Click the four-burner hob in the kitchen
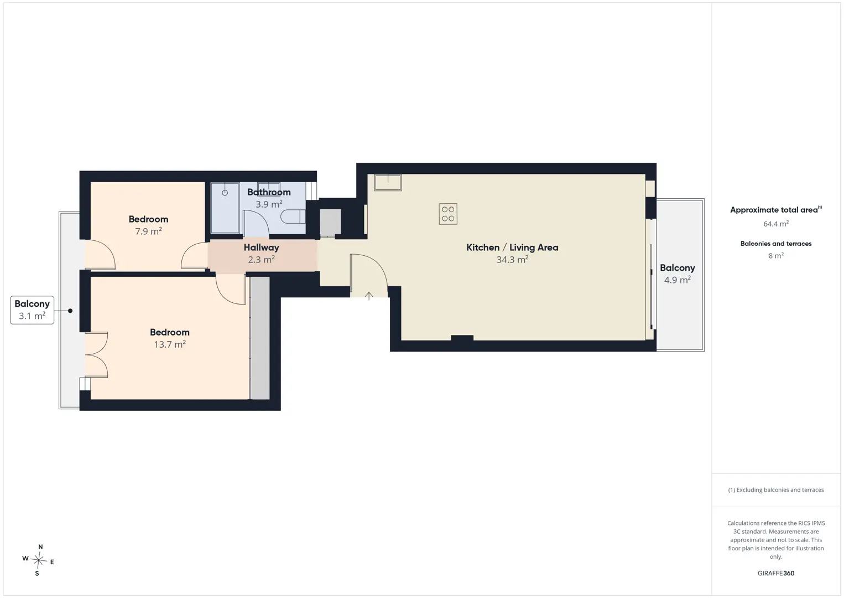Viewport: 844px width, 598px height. pos(448,214)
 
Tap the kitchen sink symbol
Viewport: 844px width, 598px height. pos(388,183)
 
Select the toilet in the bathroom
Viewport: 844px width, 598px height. pos(293,216)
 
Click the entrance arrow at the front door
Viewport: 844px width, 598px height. pos(369,296)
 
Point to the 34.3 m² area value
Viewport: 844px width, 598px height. pos(512,259)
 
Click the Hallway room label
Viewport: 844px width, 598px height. pos(261,248)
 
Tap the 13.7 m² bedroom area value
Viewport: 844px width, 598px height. pos(170,344)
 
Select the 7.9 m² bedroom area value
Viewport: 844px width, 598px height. pos(148,231)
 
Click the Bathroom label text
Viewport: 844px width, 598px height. pos(269,192)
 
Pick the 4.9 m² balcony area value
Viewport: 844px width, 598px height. pos(678,280)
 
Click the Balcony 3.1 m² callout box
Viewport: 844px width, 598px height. pos(32,310)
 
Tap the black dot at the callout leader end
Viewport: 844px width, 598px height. pos(70,311)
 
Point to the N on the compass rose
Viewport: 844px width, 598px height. pos(41,547)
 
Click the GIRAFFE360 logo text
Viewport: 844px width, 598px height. pos(776,573)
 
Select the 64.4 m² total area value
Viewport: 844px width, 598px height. pos(776,224)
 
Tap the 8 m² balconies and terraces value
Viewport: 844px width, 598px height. pos(776,255)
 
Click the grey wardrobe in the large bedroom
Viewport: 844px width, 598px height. pos(260,338)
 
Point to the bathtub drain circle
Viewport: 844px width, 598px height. pos(225,193)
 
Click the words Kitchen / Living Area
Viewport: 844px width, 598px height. pos(512,248)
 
